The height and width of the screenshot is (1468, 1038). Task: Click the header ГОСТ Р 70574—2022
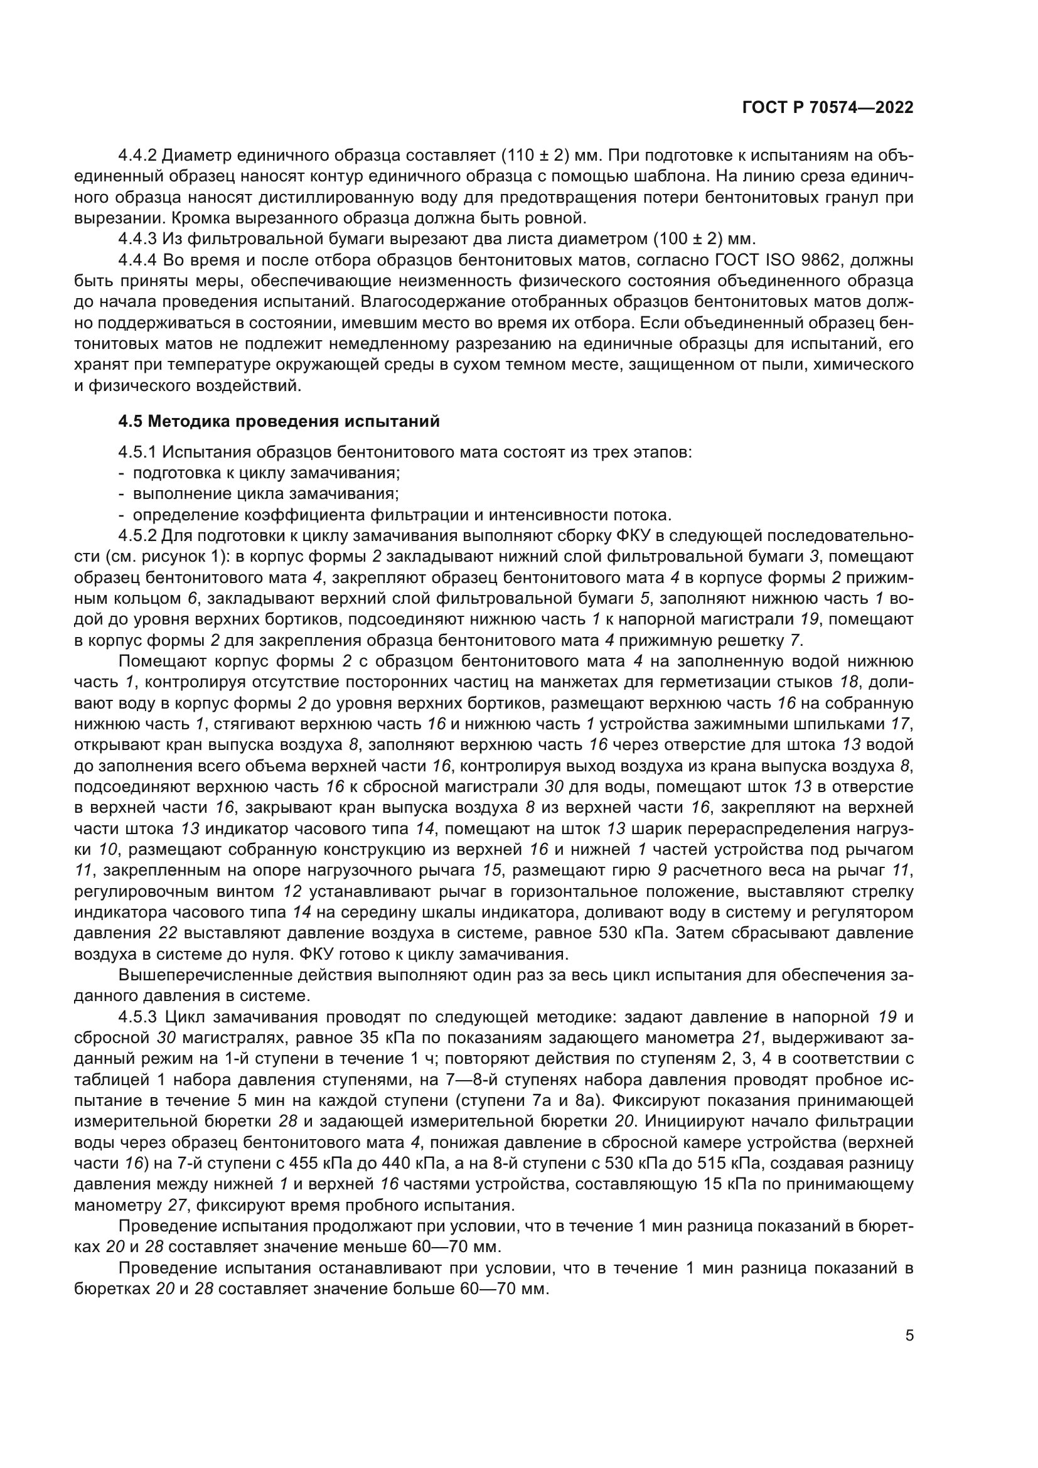(x=828, y=108)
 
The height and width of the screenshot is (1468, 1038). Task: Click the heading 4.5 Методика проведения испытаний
(x=279, y=421)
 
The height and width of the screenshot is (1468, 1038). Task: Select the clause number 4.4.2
(x=137, y=156)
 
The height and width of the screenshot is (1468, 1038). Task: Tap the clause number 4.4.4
(x=137, y=260)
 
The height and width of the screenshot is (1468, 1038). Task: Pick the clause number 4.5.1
(x=137, y=452)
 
